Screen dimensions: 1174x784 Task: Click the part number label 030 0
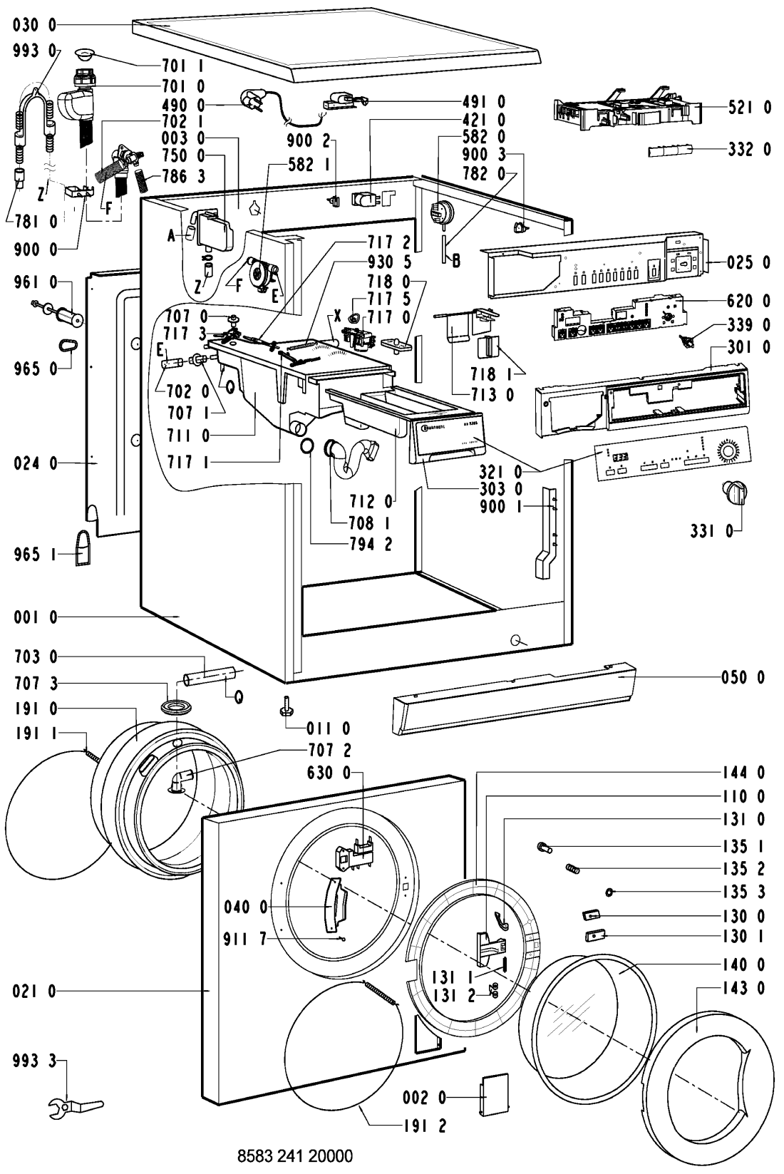coord(34,25)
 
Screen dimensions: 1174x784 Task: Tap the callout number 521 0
coord(749,108)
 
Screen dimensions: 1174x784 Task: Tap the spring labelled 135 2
coord(572,868)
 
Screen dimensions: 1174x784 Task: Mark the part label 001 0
coord(34,617)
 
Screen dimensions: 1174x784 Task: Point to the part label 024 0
coord(34,463)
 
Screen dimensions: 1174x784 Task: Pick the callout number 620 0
coord(749,302)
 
